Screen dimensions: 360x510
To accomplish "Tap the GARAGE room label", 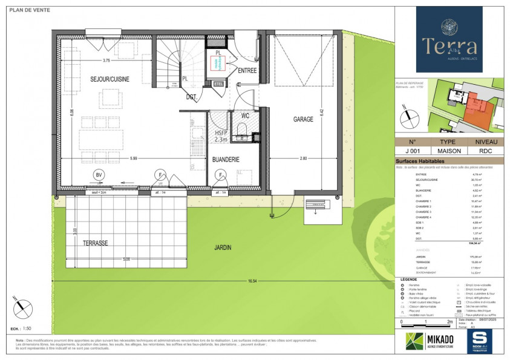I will [x=303, y=119].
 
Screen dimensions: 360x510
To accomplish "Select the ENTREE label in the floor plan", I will [x=247, y=71].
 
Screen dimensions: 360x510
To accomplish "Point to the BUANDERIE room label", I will [x=226, y=159].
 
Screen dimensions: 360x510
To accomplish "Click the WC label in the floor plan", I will [x=246, y=115].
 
